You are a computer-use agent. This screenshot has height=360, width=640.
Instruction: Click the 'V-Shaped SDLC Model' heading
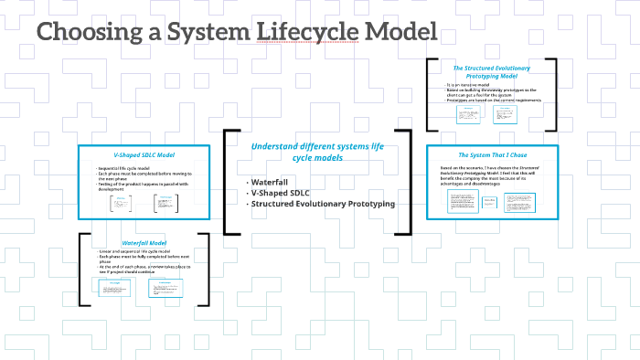pyautogui.click(x=137, y=155)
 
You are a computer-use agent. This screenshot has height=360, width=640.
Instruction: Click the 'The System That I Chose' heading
pyautogui.click(x=492, y=155)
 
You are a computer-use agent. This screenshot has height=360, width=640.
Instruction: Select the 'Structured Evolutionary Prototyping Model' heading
pyautogui.click(x=492, y=72)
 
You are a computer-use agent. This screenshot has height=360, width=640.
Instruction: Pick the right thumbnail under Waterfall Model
pyautogui.click(x=165, y=288)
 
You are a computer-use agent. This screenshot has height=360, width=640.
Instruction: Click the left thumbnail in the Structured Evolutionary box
pyautogui.click(x=467, y=114)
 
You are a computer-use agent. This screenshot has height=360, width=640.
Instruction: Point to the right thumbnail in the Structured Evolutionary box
pyautogui.click(x=504, y=114)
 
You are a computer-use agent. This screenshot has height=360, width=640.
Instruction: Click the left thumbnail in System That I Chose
pyautogui.click(x=464, y=202)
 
